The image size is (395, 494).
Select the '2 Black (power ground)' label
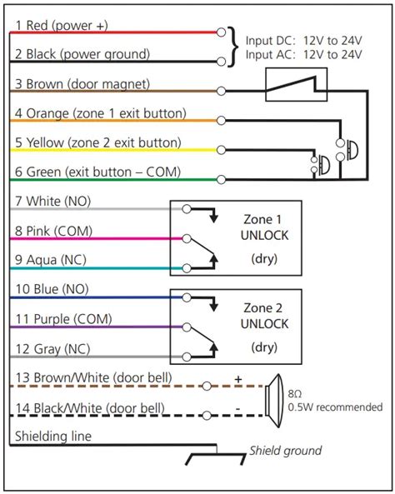click(82, 54)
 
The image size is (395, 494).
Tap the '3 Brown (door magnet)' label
click(81, 84)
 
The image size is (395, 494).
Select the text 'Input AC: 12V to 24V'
click(303, 55)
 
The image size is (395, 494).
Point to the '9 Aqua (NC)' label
click(52, 259)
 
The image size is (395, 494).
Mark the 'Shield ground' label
click(285, 451)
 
